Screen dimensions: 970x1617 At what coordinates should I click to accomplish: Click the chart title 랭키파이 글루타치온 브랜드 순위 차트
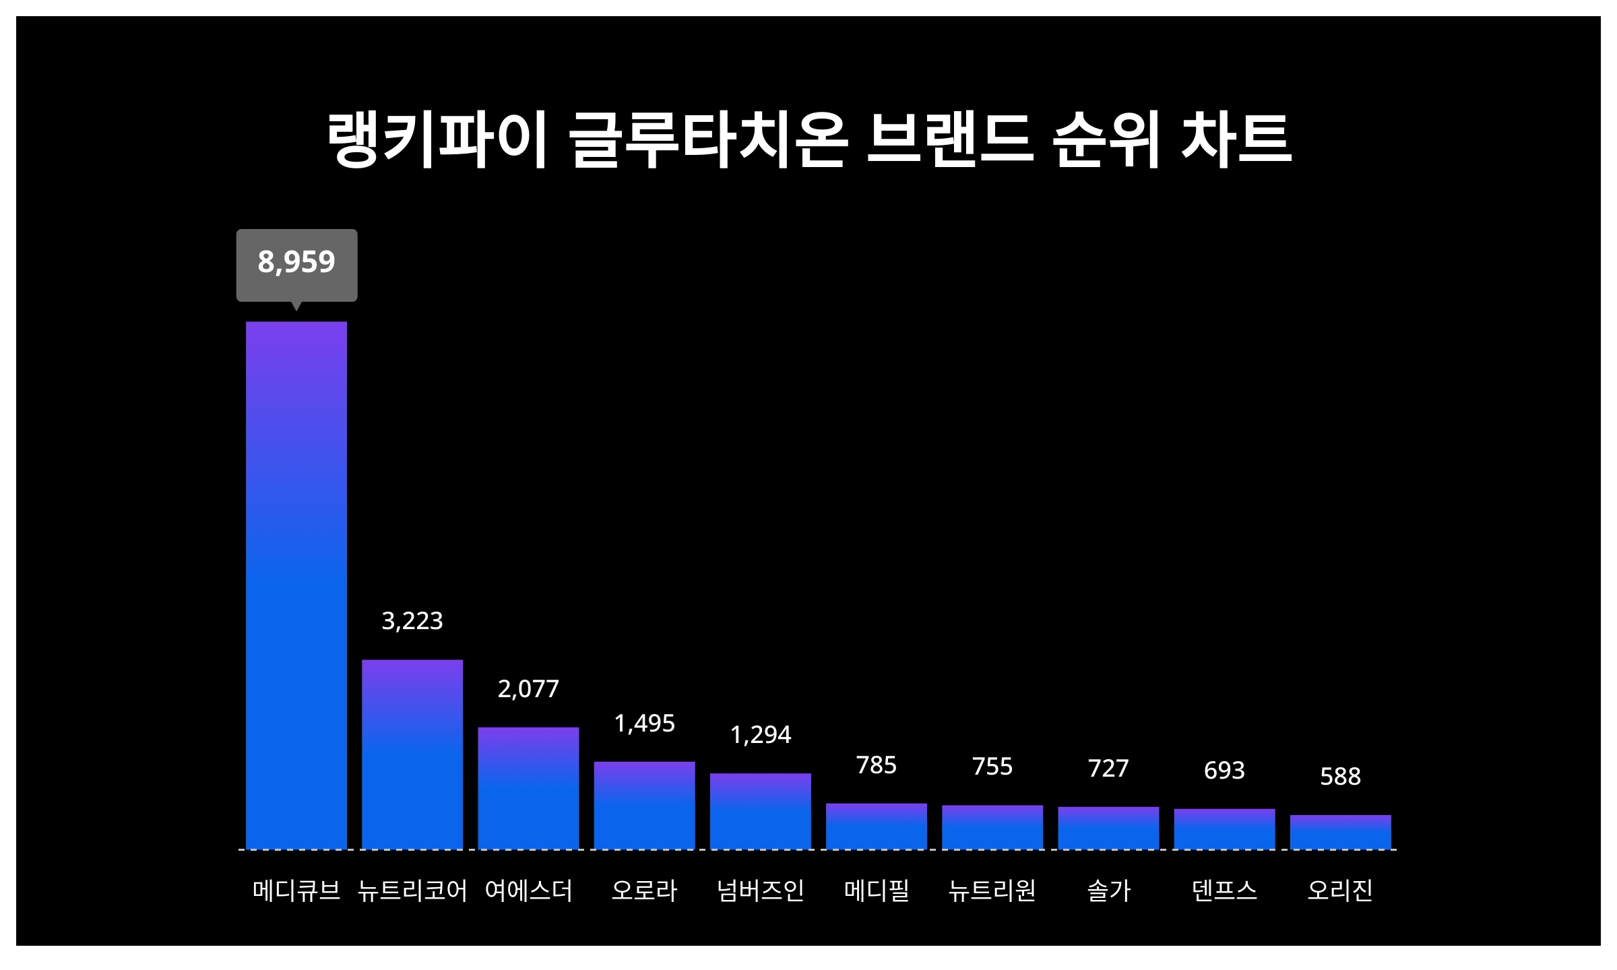(808, 140)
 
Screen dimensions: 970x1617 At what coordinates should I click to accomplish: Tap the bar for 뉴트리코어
(412, 754)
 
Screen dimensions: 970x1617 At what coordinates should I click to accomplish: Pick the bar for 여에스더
(528, 787)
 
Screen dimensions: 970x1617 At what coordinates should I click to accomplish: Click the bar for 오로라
(644, 805)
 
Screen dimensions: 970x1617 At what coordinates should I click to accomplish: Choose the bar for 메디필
(877, 826)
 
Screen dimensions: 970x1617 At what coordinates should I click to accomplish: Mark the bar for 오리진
(1340, 832)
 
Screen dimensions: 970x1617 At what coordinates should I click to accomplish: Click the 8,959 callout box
(296, 263)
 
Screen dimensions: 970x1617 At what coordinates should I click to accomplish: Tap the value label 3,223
(412, 621)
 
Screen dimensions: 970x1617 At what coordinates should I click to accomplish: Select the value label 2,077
(528, 689)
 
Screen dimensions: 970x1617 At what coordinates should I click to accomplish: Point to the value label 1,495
(644, 723)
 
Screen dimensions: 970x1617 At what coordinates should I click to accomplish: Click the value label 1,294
(761, 735)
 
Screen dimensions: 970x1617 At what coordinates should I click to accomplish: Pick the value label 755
(992, 767)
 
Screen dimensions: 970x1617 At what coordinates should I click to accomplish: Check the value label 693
(1224, 770)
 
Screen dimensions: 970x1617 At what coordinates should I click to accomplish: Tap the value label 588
(1340, 777)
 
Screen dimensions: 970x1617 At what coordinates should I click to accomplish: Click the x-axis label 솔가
(1108, 891)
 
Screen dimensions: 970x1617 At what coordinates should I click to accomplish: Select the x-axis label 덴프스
(1224, 891)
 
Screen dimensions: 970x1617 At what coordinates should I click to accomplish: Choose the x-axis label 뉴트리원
(992, 891)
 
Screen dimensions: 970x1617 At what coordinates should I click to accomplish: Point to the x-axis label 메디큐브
(296, 891)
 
